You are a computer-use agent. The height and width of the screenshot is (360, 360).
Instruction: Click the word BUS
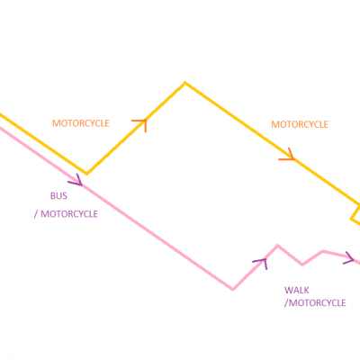[x=58, y=196]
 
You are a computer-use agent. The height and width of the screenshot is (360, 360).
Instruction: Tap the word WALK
[x=297, y=290]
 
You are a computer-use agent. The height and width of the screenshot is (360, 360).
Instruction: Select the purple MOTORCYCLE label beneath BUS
[x=69, y=214]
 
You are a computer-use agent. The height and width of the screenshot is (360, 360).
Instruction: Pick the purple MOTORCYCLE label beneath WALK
[x=318, y=302]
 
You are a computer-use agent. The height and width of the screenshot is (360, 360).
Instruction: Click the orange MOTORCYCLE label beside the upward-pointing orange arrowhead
[x=81, y=123]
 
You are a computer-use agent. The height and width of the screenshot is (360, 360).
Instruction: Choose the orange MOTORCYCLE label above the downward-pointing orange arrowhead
[x=300, y=124]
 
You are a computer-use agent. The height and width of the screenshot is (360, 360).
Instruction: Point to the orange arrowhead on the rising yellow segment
[x=139, y=125]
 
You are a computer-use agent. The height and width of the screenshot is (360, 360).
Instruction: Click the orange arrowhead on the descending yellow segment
[x=286, y=154]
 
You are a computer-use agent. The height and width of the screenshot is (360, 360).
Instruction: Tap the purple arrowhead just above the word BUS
[x=75, y=179]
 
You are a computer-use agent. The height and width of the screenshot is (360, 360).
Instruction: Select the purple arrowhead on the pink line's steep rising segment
[x=260, y=263]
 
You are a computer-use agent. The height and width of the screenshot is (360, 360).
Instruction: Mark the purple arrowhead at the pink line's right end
[x=349, y=257]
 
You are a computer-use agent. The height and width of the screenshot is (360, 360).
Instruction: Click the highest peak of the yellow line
[x=184, y=82]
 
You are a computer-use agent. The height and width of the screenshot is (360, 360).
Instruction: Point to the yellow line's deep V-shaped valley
[x=86, y=174]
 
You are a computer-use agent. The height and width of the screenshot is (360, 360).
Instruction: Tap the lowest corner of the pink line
[x=233, y=289]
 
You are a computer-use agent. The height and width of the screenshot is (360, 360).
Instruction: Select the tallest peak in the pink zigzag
[x=277, y=246]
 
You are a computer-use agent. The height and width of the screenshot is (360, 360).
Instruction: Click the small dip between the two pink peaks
[x=302, y=265]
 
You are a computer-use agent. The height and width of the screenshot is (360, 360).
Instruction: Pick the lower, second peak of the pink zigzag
[x=322, y=251]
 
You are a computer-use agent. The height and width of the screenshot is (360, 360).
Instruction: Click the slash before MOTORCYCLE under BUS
[x=36, y=214]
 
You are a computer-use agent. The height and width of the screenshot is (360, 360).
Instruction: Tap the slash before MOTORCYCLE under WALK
[x=286, y=303]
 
